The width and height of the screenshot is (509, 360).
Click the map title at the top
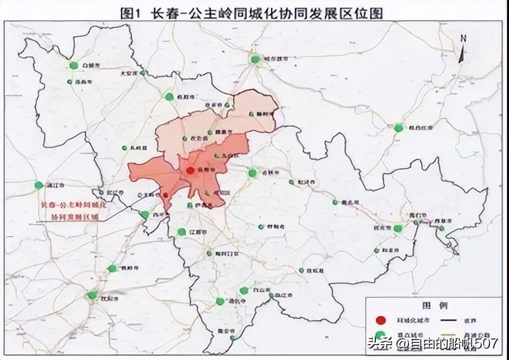click(x=255, y=12)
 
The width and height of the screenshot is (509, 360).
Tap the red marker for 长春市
click(x=190, y=171)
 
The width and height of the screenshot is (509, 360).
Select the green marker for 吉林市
click(x=253, y=172)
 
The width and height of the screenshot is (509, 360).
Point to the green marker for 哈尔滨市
click(x=256, y=59)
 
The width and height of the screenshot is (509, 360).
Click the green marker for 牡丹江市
click(x=399, y=128)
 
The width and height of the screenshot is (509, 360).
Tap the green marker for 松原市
click(x=169, y=97)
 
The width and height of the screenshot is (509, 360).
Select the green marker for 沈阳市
click(x=93, y=295)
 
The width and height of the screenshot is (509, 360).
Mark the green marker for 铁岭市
click(x=113, y=268)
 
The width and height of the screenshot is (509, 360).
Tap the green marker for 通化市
click(x=220, y=301)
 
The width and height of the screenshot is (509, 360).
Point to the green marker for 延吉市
click(x=398, y=228)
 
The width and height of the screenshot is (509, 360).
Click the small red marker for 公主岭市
click(x=165, y=195)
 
